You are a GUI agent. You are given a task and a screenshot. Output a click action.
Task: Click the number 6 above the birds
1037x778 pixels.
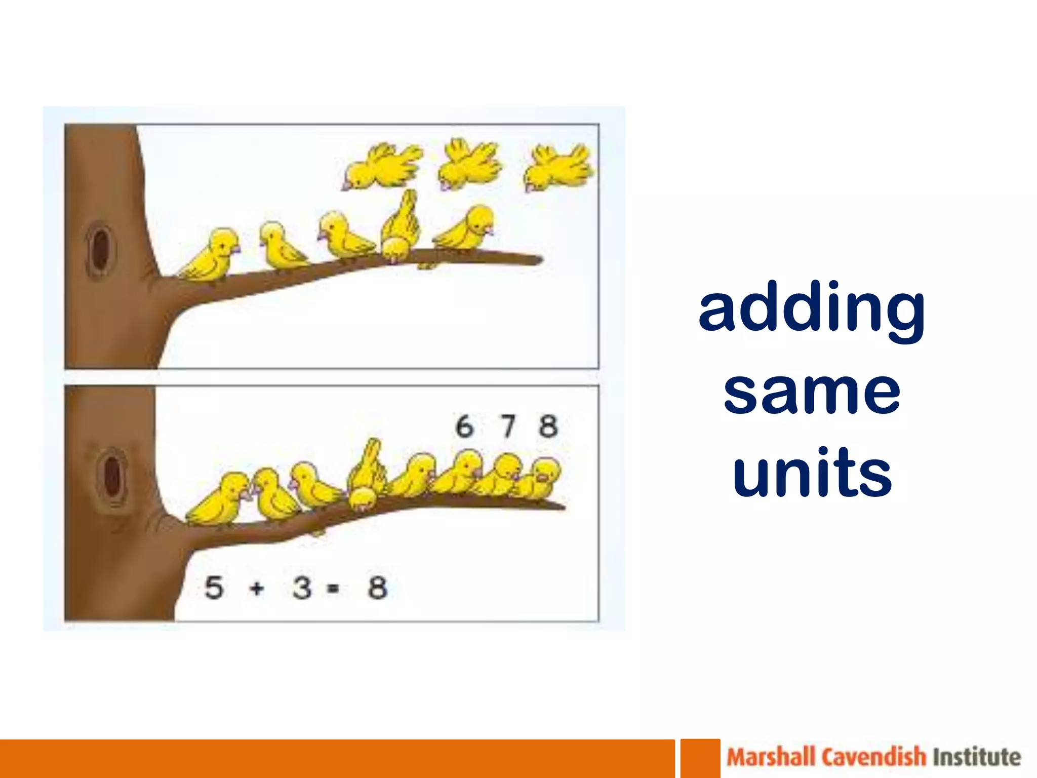(464, 426)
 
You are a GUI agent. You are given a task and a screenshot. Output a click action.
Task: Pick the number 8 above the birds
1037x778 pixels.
(548, 426)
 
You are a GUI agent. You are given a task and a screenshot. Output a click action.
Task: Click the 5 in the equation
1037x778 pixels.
(214, 588)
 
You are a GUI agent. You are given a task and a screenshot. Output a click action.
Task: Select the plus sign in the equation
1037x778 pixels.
(257, 589)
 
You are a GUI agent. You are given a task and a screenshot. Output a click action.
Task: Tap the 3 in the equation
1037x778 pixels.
(302, 588)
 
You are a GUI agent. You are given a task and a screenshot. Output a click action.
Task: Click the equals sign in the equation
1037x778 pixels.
(333, 589)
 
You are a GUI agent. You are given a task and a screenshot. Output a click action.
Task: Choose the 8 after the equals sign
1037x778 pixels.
(378, 588)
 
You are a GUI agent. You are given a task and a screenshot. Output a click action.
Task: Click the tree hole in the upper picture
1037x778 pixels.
(101, 249)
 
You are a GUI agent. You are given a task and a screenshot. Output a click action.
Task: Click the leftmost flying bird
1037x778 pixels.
(381, 167)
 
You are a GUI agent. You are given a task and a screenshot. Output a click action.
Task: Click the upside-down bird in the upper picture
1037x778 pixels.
(400, 228)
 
